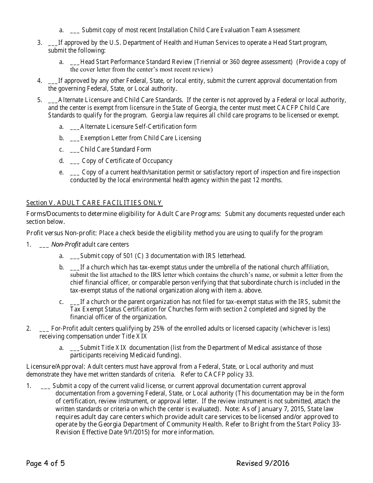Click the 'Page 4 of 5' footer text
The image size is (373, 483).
(46, 463)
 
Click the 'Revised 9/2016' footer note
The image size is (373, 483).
(263, 463)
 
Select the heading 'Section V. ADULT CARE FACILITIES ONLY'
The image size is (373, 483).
(94, 203)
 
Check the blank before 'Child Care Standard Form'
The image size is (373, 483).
(75, 150)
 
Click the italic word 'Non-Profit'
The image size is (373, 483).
(66, 244)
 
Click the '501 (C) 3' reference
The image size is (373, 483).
(139, 256)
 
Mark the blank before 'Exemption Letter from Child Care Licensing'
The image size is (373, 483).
(75, 139)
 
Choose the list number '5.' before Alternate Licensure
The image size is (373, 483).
(40, 100)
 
